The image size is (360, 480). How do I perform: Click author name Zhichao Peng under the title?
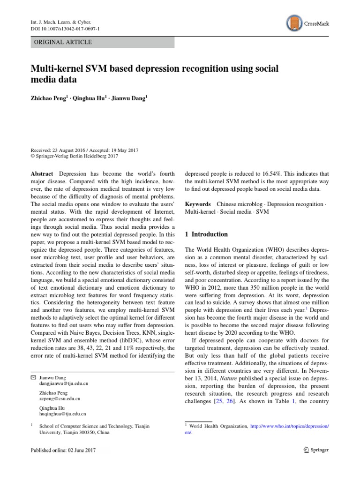[x=50, y=99]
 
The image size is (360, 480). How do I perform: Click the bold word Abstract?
[x=42, y=173]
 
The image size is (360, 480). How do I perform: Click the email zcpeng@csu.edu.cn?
[x=60, y=398]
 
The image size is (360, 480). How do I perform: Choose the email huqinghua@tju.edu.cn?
[x=63, y=414]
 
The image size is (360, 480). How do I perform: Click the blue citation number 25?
[x=217, y=402]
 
